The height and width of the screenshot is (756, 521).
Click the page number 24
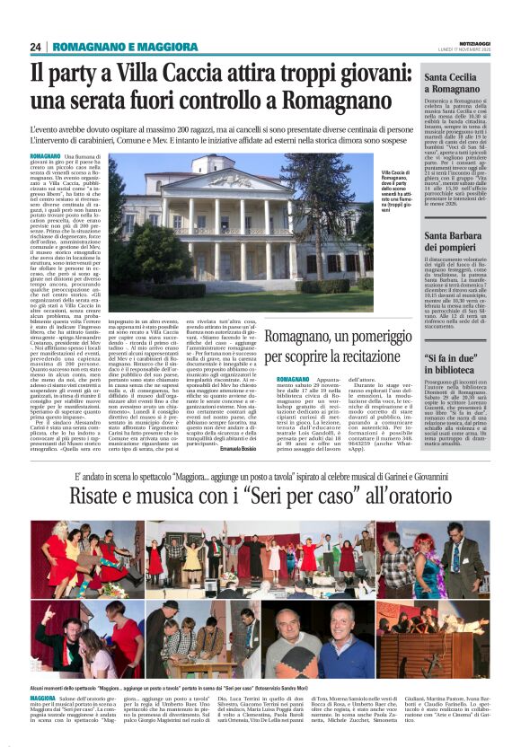(x=36, y=47)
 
